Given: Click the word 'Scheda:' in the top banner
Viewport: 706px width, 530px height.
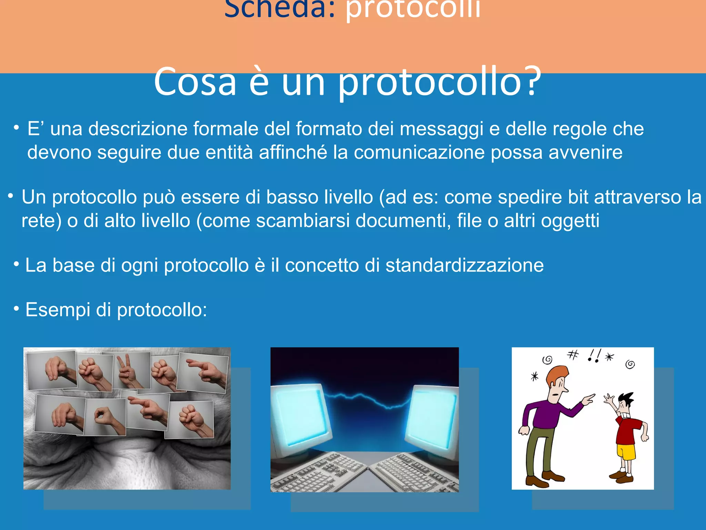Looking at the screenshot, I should tap(279, 8).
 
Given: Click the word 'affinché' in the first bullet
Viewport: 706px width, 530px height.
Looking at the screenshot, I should tap(293, 153).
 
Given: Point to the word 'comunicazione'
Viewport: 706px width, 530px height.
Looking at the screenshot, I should tap(419, 153).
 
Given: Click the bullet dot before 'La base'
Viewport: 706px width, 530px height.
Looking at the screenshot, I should tap(16, 265).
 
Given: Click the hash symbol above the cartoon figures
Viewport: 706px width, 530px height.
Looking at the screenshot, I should tap(573, 355).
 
